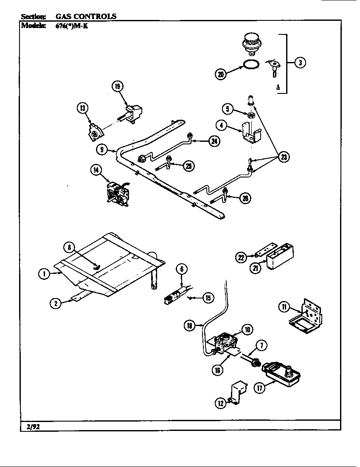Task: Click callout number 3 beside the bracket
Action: pyautogui.click(x=300, y=63)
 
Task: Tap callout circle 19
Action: pyautogui.click(x=118, y=87)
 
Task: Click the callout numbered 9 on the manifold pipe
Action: pyautogui.click(x=101, y=149)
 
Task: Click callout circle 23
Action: pyautogui.click(x=283, y=158)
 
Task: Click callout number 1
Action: pyautogui.click(x=43, y=274)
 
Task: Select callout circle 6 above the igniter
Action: pyautogui.click(x=181, y=268)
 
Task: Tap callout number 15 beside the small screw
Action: pyautogui.click(x=208, y=298)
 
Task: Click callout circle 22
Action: pyautogui.click(x=241, y=256)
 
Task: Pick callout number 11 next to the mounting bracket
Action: pyautogui.click(x=283, y=307)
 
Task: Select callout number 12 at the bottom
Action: pyautogui.click(x=220, y=403)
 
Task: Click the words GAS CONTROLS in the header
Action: pyautogui.click(x=86, y=17)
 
